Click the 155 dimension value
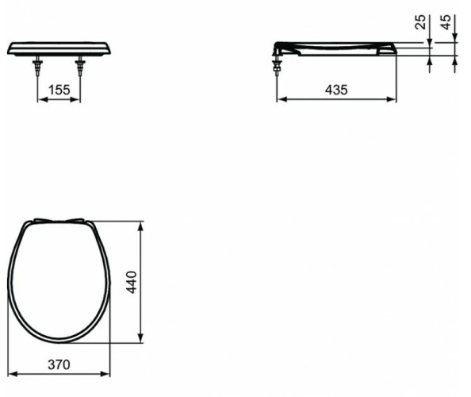click(59, 90)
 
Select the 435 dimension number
click(336, 90)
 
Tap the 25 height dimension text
click(421, 22)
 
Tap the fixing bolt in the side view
click(277, 64)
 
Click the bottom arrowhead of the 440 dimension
click(141, 340)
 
